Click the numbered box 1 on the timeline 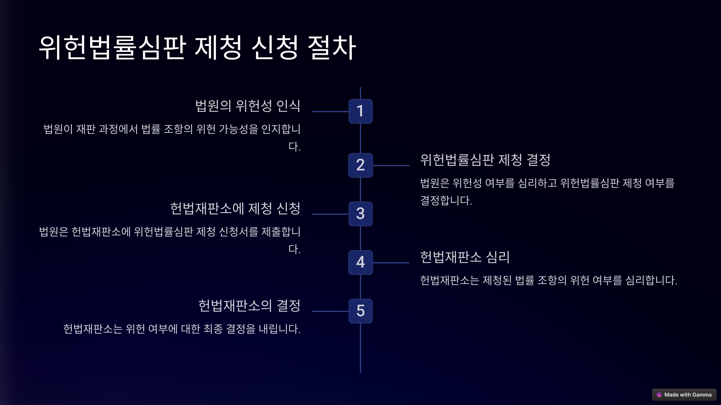[360, 111]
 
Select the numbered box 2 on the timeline [360, 165]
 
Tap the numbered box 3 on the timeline [360, 214]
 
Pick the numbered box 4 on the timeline [360, 262]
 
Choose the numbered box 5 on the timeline [360, 311]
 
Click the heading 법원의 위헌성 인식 [248, 106]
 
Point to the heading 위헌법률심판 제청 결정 [485, 160]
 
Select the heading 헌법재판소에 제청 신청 [235, 208]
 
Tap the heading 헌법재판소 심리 [465, 257]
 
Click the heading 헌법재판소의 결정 [249, 306]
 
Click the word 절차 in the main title [332, 47]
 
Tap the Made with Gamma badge [684, 395]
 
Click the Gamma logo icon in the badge [659, 395]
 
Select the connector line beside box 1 [330, 112]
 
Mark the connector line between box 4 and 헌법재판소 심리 [391, 263]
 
